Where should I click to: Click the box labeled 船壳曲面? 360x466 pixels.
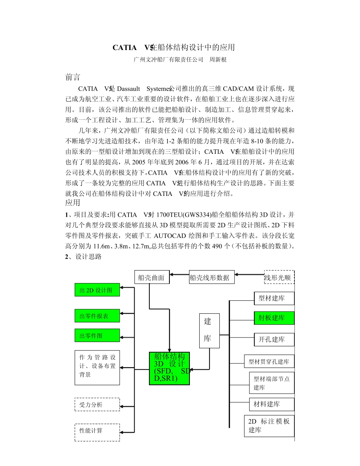(x=152, y=277)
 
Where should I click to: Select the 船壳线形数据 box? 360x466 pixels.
(x=211, y=277)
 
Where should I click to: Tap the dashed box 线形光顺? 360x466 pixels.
(x=279, y=277)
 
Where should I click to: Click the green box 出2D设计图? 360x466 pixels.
(x=97, y=290)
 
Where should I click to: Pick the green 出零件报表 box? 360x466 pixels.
(x=97, y=316)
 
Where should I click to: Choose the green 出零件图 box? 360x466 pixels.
(x=97, y=335)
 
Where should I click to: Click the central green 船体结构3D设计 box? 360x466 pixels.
(x=169, y=368)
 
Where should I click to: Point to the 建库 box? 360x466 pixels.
(x=209, y=330)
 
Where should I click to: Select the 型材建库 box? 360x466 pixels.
(x=274, y=298)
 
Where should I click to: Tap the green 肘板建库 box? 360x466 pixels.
(x=274, y=318)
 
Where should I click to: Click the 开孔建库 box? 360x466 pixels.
(x=274, y=339)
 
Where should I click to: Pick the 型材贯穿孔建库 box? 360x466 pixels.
(x=269, y=361)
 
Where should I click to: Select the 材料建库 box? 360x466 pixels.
(x=271, y=404)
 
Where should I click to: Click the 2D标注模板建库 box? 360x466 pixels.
(x=269, y=426)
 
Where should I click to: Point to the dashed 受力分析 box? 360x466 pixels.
(x=97, y=404)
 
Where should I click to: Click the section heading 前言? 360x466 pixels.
(x=73, y=77)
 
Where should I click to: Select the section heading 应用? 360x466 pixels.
(x=73, y=203)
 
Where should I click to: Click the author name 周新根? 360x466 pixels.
(x=218, y=59)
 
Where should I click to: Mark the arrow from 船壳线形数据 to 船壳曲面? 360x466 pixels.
(x=179, y=274)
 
